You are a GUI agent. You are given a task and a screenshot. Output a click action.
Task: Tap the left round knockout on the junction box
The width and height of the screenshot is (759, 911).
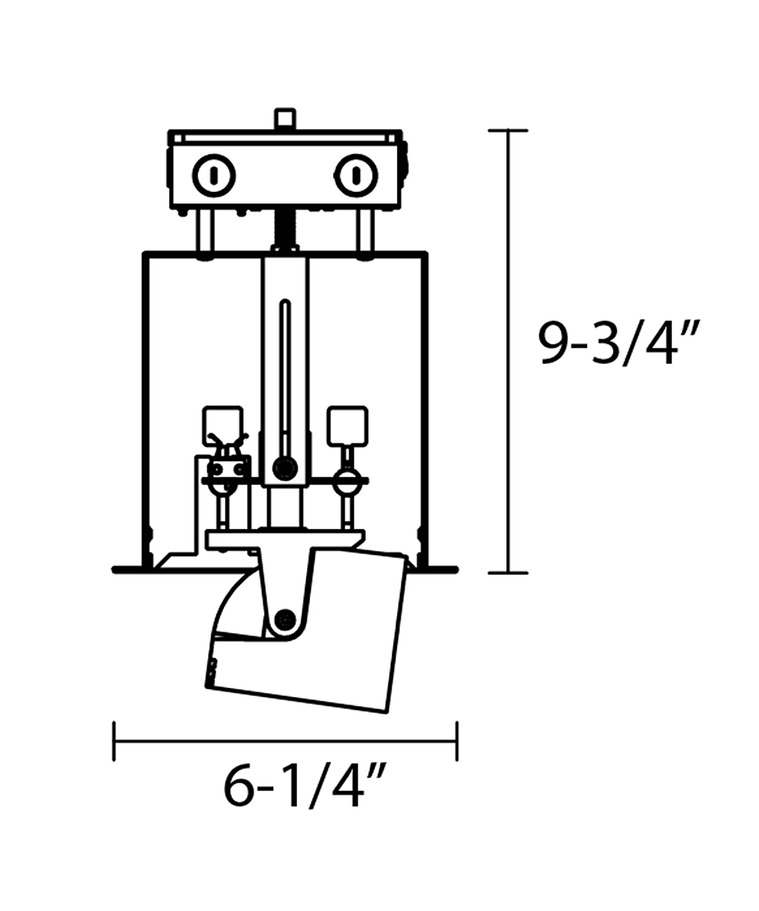pos(214,176)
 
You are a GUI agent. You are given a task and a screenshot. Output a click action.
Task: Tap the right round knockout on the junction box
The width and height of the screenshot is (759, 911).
pos(356,176)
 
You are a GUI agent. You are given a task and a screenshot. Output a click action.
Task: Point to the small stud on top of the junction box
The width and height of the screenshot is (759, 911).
pos(285,118)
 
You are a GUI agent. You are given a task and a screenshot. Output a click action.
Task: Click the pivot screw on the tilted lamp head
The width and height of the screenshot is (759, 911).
pos(285,619)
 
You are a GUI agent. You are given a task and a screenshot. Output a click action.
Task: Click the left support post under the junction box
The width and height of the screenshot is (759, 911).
pos(205,232)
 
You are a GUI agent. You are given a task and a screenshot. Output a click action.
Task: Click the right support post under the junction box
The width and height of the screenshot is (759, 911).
pos(365,232)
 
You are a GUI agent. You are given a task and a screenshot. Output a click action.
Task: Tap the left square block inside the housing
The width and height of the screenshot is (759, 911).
pos(222,426)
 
